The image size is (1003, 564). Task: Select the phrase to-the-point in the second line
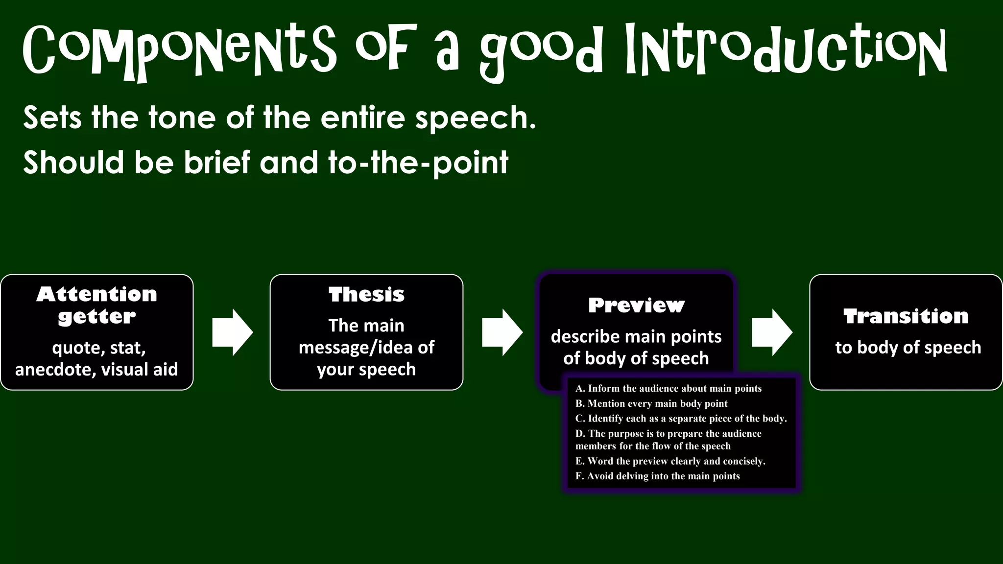(x=418, y=163)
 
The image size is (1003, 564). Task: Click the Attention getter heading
(x=97, y=305)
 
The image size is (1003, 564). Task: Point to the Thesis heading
(x=366, y=295)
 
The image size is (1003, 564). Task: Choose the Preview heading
(x=636, y=305)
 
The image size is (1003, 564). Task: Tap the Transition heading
(x=906, y=316)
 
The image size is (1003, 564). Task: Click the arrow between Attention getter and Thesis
(x=232, y=332)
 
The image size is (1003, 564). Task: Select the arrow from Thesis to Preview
(x=502, y=332)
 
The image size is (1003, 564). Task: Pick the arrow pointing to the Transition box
(x=772, y=332)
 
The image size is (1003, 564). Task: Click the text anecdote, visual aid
(x=96, y=369)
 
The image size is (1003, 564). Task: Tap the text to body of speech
(x=908, y=347)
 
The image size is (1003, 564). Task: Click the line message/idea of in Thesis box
(x=366, y=347)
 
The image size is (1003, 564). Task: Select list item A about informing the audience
(x=669, y=388)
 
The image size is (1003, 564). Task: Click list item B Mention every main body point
(x=651, y=403)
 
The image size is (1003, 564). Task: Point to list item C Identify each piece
(x=681, y=419)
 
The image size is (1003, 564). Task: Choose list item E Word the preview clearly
(x=670, y=461)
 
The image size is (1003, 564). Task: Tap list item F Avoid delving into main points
(x=657, y=476)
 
